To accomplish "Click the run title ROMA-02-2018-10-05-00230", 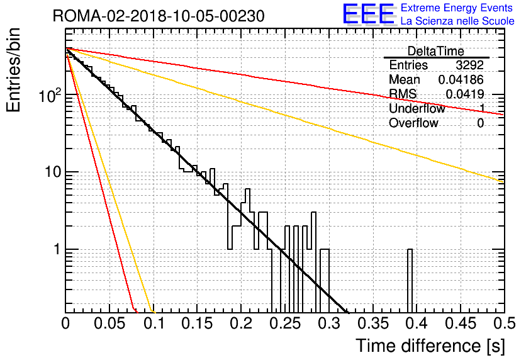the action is click(x=159, y=16).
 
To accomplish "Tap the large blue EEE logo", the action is click(x=369, y=14).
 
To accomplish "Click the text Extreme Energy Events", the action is click(x=457, y=8).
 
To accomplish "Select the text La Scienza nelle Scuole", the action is click(x=457, y=21).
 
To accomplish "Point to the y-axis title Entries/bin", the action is click(x=13, y=70).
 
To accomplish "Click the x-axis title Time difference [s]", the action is click(x=430, y=346).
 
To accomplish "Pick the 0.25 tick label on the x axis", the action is click(x=286, y=323).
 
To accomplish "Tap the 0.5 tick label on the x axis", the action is click(x=505, y=323).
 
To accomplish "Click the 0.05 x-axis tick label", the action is click(x=109, y=323).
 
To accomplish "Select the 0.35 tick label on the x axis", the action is click(x=373, y=323).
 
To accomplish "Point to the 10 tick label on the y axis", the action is click(x=53, y=172).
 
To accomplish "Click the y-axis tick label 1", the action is click(x=57, y=250).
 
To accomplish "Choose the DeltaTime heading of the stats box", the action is click(x=436, y=51).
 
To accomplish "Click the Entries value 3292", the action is click(x=469, y=65).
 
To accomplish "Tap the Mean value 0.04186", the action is click(x=461, y=79).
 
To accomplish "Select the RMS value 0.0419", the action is click(x=464, y=94).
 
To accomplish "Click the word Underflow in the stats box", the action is click(x=417, y=108).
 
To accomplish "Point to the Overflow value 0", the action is click(x=480, y=123).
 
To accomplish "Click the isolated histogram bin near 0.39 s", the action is click(x=410, y=281).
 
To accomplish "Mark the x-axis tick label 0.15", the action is click(x=198, y=323).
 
